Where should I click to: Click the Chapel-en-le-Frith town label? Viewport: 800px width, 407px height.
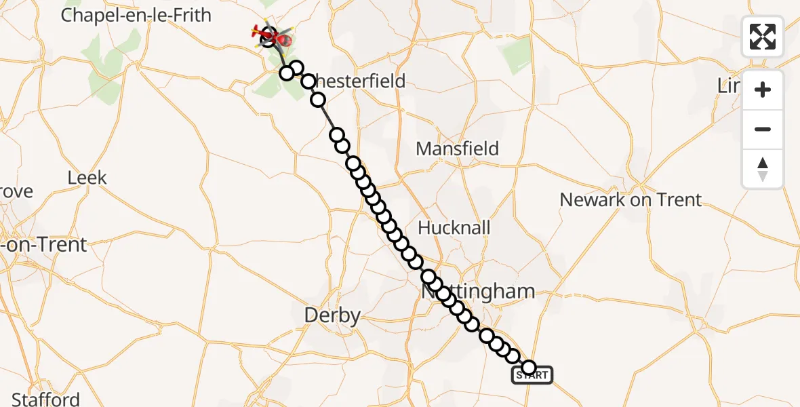136,15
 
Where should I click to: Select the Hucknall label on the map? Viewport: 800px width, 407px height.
454,227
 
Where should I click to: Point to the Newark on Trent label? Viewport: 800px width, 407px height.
631,199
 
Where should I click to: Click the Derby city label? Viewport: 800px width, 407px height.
332,315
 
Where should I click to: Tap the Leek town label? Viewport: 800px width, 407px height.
87,178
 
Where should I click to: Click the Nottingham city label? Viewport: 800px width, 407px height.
478,292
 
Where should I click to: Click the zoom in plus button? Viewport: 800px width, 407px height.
763,90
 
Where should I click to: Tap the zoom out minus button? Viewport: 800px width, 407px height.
763,129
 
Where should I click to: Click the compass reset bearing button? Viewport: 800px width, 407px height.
763,169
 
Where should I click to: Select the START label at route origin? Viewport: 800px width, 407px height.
532,375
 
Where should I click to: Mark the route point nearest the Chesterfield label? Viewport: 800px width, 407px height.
308,81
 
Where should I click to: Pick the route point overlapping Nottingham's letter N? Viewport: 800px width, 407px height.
428,277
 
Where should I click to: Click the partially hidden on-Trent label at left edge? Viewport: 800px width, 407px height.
44,245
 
